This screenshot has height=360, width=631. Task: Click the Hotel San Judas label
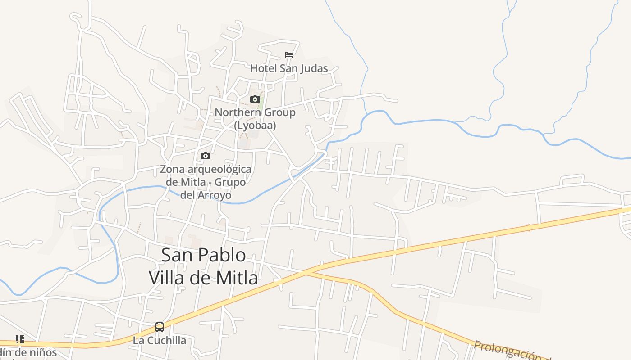pos(289,68)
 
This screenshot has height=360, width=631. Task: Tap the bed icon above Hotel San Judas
pos(289,55)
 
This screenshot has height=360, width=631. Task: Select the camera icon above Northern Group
pos(255,99)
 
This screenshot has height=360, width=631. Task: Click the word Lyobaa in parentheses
pos(255,126)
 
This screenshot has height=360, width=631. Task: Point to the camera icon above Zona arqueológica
pos(206,156)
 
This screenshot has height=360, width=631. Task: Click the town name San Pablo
pos(203,255)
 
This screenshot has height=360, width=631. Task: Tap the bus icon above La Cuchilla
pos(160,327)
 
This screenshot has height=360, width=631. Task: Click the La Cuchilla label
pos(159,340)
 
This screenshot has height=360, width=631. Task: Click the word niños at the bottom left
pos(42,352)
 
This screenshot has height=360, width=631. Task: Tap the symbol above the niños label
pos(19,339)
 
